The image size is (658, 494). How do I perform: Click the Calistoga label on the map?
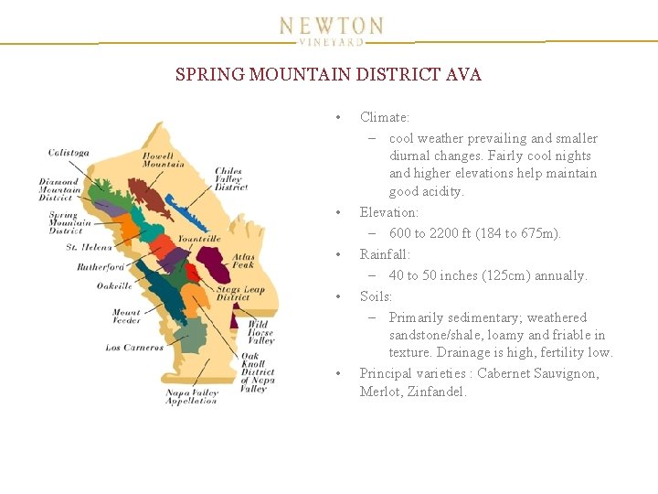[x=69, y=153]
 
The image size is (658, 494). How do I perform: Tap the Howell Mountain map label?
[x=164, y=160]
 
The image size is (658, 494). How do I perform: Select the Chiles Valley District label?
[x=231, y=178]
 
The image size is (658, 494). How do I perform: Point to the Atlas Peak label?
[x=242, y=261]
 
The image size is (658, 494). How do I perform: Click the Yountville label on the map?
[x=199, y=238]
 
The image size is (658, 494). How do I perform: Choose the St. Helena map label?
[x=90, y=247]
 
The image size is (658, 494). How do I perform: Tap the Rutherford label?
[x=101, y=267]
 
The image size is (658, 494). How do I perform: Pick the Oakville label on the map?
[x=114, y=285]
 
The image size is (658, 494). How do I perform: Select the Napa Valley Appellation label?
[x=192, y=397]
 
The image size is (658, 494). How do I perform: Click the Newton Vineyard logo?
[x=331, y=29]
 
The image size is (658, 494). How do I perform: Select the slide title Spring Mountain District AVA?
[x=328, y=75]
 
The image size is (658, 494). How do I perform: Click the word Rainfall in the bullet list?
[x=385, y=254]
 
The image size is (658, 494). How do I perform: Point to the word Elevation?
[x=388, y=212]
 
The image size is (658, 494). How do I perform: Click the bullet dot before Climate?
[x=338, y=117]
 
